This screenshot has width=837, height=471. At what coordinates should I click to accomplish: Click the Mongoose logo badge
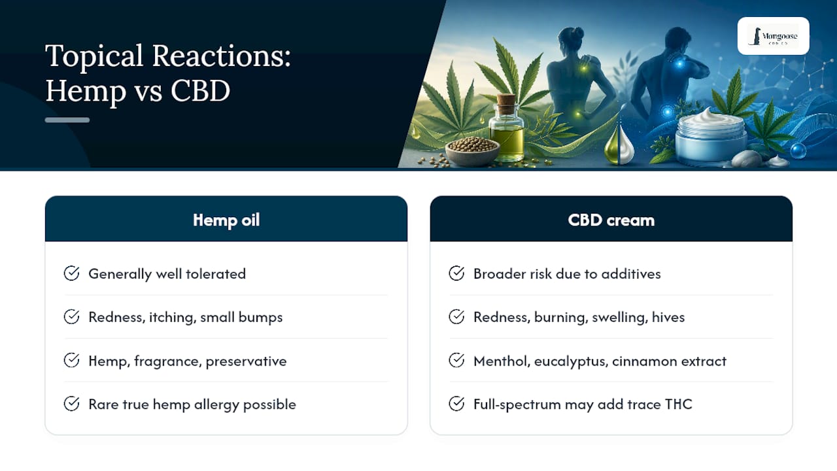point(774,36)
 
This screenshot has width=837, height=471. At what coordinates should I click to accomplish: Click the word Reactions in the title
point(221,56)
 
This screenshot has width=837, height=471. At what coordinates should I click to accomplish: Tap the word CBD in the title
point(200,91)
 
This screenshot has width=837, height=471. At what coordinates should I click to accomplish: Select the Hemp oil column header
point(226,219)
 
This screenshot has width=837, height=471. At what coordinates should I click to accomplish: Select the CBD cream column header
point(611,219)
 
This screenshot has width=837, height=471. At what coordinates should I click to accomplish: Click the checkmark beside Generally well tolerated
point(71,273)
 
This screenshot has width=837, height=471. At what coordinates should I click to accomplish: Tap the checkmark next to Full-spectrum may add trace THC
point(456,404)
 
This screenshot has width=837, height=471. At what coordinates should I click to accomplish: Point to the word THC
point(679,404)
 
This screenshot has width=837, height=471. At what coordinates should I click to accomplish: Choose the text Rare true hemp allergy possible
point(192,404)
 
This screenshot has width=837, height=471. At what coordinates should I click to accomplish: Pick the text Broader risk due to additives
point(567,274)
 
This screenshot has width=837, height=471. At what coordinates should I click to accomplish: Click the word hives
point(668,317)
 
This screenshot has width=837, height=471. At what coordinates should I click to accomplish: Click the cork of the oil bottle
point(507,103)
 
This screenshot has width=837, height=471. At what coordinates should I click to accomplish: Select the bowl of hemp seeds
point(472,150)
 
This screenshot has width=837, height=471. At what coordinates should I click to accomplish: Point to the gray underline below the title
point(67,120)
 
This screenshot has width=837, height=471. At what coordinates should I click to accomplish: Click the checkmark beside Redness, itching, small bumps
point(71,317)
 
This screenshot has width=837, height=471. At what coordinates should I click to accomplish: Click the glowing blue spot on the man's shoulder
point(679,63)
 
